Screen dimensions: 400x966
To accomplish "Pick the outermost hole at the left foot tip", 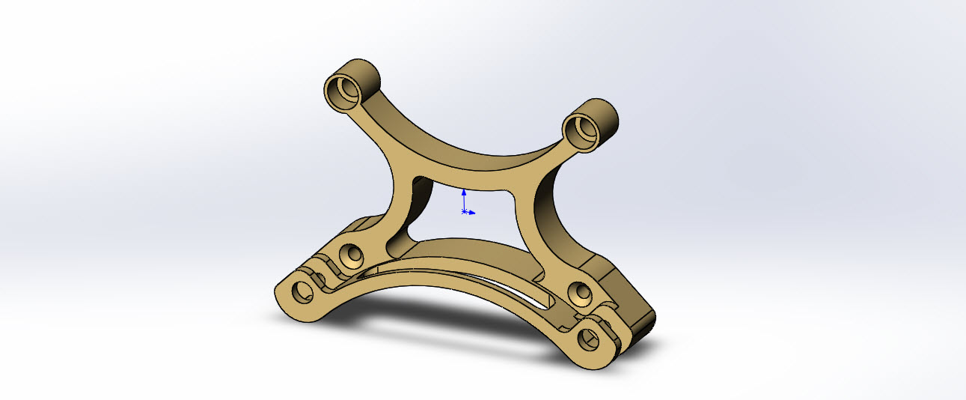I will pos(302,291).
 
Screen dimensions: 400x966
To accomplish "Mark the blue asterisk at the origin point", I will pos(465,212).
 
